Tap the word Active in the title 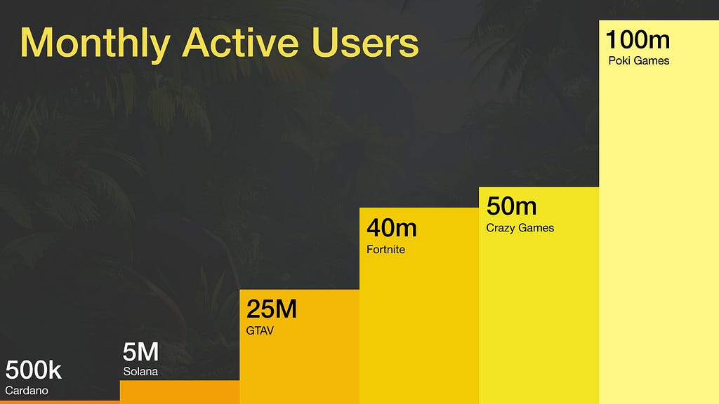coord(241,42)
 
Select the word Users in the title coord(365,42)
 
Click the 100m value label coord(638,39)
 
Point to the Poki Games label coord(639,60)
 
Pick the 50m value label coord(511,206)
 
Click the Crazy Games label coord(520,228)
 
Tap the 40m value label coord(392,228)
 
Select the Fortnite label coord(385,250)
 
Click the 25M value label coord(272,309)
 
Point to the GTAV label coord(260,331)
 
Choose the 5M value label coord(140,352)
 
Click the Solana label coord(140,372)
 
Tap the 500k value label coord(34,370)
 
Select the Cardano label coord(27,391)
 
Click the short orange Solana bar coord(180,392)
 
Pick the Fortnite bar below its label coord(419,330)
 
